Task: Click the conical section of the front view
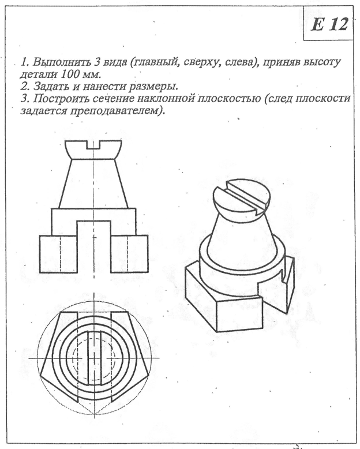click(93, 182)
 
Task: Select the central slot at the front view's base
click(93, 245)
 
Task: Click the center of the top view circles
click(93, 357)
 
